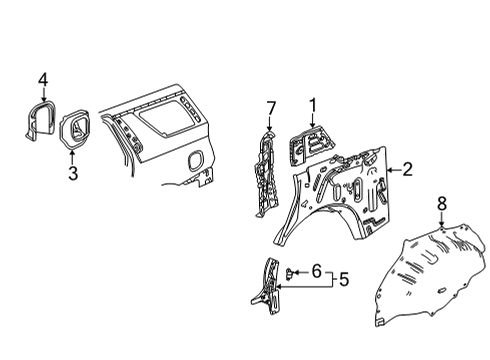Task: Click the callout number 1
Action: tap(312, 103)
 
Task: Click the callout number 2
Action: tap(408, 169)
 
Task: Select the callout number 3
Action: tap(71, 175)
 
